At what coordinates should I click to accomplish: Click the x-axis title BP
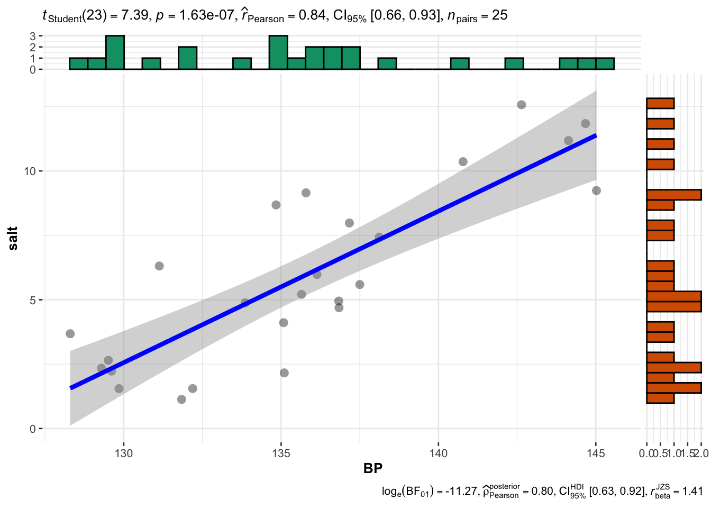[x=373, y=468]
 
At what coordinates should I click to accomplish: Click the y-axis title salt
[x=13, y=238]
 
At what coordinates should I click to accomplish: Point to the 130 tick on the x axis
[x=124, y=453]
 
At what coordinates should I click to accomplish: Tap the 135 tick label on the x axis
[x=281, y=453]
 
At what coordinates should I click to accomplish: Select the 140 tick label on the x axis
[x=439, y=453]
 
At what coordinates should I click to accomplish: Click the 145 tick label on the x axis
[x=596, y=453]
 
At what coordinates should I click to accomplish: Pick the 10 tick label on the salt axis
[x=29, y=171]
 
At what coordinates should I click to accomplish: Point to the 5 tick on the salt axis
[x=32, y=300]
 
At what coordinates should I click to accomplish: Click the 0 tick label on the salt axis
[x=32, y=429]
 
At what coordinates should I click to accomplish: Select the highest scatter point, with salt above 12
[x=522, y=105]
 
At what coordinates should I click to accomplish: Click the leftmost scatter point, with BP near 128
[x=70, y=334]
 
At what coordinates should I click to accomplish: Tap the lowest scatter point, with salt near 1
[x=181, y=400]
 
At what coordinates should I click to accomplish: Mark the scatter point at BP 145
[x=596, y=190]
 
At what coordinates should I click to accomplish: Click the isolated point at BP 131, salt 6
[x=159, y=266]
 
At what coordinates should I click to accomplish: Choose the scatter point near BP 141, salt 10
[x=463, y=162]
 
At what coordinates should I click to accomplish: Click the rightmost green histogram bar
[x=605, y=63]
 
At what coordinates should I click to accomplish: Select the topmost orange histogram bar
[x=660, y=104]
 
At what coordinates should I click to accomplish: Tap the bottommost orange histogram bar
[x=660, y=398]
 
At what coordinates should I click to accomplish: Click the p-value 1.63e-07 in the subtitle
[x=206, y=16]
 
